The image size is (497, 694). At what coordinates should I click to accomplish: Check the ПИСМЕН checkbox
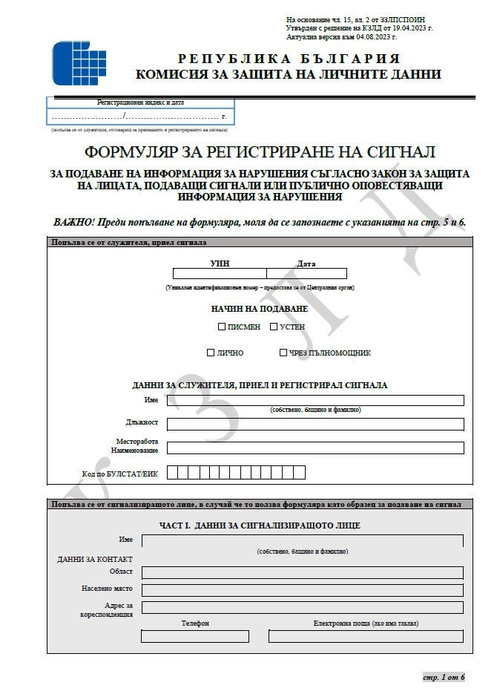coord(221,327)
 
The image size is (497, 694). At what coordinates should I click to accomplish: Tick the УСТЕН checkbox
coord(273,327)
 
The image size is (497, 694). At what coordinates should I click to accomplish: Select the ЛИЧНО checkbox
coord(211,353)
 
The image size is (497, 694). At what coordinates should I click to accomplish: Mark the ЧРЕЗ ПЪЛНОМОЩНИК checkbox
coord(283,353)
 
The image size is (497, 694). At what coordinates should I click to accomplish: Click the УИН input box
coord(219,273)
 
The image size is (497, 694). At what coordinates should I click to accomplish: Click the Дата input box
coord(306,273)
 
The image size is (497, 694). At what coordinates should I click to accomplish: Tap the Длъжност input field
coord(315,424)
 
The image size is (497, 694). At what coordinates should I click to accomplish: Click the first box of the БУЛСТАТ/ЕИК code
coord(172,473)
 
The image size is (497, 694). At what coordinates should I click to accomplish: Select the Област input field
coord(302,572)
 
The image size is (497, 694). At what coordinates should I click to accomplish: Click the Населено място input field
coord(302,590)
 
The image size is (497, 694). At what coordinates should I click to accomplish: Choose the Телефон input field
coord(194,636)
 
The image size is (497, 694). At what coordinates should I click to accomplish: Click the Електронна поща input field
coord(365,636)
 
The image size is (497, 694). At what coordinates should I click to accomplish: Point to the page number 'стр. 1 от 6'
coord(444,677)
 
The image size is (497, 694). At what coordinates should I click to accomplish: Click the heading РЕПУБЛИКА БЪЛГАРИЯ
coord(289,59)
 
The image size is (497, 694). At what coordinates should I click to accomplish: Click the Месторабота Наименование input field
coord(315,448)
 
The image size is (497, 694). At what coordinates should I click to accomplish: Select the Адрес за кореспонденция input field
coord(302,607)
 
